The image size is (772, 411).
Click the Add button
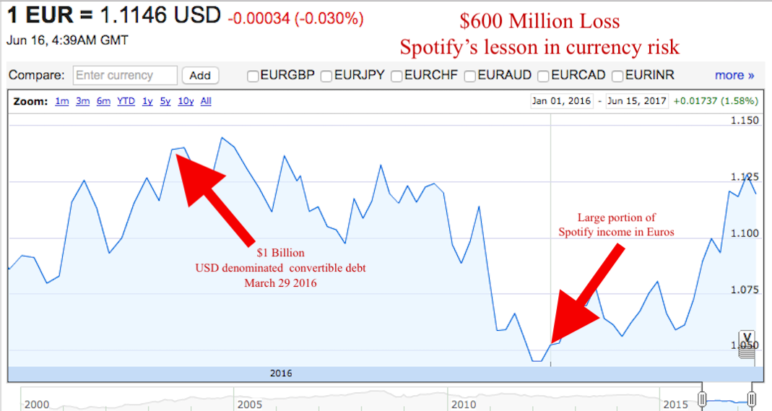(x=200, y=75)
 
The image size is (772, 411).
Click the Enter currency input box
(x=125, y=75)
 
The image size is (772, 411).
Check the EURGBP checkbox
(x=253, y=77)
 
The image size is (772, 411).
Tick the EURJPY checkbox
(x=326, y=77)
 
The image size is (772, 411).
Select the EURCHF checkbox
(x=396, y=77)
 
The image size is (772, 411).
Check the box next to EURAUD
(x=469, y=77)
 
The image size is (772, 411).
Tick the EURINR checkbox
(x=617, y=77)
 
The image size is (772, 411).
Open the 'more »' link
(x=734, y=75)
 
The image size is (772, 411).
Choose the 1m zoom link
(x=61, y=101)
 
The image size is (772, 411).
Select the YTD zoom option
(x=126, y=101)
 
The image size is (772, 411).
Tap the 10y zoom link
(x=186, y=101)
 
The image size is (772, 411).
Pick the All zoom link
(x=206, y=101)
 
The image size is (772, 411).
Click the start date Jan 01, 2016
(x=561, y=101)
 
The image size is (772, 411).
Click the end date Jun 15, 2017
(x=637, y=101)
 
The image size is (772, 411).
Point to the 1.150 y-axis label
(x=745, y=121)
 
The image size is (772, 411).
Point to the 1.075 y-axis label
(x=745, y=290)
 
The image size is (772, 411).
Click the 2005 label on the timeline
(x=250, y=404)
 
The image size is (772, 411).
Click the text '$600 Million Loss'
(x=539, y=21)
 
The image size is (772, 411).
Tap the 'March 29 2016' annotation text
(x=281, y=283)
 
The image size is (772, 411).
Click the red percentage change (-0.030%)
(x=329, y=19)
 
